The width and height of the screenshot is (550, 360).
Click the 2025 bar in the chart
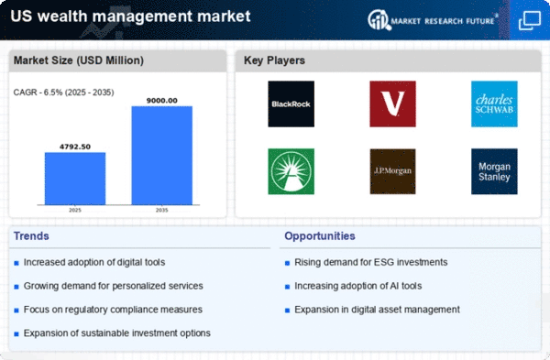pos(75,179)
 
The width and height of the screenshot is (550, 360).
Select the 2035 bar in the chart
pos(162,156)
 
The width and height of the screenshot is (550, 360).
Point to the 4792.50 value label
pos(75,147)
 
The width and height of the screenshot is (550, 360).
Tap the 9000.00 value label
pos(162,101)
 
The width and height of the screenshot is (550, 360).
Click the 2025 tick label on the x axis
pos(75,210)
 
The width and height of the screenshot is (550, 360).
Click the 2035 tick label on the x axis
pos(162,210)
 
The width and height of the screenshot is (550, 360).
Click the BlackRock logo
pos(291,104)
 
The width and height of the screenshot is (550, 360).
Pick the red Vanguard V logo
pos(393,104)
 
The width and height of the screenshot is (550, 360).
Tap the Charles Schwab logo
pos(494,104)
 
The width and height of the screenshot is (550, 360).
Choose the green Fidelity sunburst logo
pos(291,171)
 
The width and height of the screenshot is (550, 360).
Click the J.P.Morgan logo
pos(393,171)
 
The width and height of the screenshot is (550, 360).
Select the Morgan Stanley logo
pos(494,171)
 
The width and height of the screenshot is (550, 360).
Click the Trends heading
pos(31,236)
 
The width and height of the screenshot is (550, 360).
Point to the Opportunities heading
pos(320,236)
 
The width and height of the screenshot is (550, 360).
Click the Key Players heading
pos(274,60)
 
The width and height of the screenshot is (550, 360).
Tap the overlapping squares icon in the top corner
pos(530,20)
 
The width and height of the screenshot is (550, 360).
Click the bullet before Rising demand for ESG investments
pos(287,263)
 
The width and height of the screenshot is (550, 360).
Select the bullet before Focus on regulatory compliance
pos(16,311)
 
